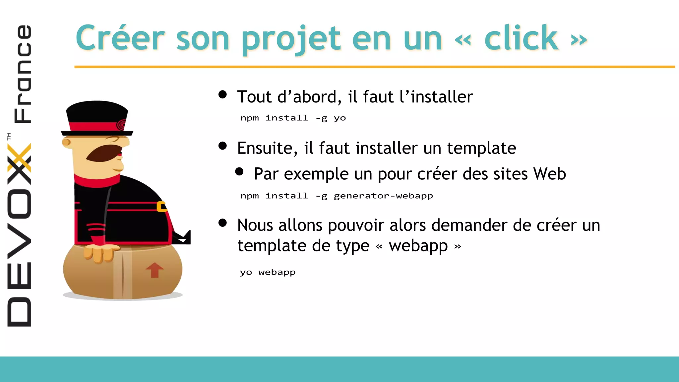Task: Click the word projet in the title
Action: [291, 39]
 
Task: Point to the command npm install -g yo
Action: [293, 118]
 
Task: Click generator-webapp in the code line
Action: [383, 196]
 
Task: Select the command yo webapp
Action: [268, 273]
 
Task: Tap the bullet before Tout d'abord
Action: [222, 95]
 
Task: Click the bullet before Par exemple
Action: [239, 171]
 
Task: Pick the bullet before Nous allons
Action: [222, 223]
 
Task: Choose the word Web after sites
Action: [549, 174]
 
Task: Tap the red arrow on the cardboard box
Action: [154, 270]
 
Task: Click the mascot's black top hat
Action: [97, 116]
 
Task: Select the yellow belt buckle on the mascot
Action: [161, 206]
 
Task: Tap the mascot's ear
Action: [66, 143]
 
